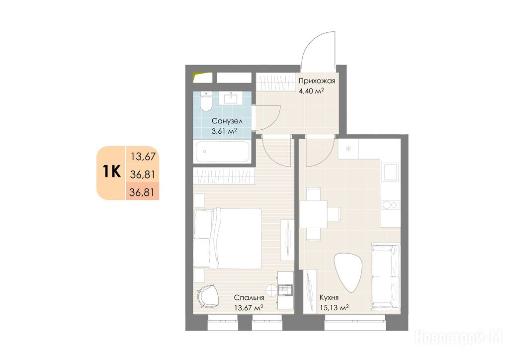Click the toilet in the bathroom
coord(205,101)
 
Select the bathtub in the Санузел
coord(222,152)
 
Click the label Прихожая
coord(317,81)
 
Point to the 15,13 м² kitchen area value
coord(334,308)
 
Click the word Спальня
coord(249,298)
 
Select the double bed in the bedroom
coord(228,239)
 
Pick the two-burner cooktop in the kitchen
coord(390,204)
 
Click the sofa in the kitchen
coord(385,276)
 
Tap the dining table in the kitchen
coord(313,214)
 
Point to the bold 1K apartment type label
coord(112,172)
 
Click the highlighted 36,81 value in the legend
coord(142,192)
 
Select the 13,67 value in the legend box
coord(143,157)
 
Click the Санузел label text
coord(227,121)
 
